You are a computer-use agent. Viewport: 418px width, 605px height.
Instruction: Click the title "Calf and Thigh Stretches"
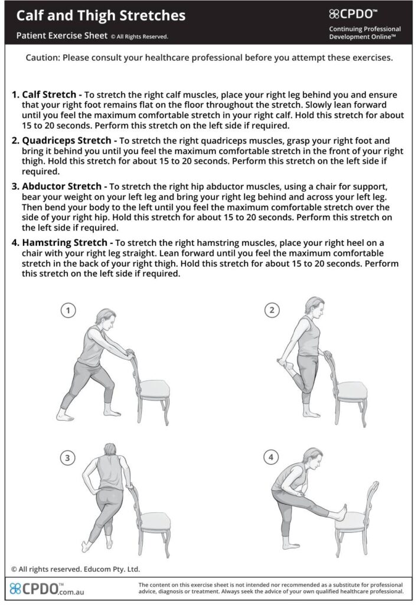pos(100,15)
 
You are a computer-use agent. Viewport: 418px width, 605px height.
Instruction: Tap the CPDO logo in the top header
pos(353,14)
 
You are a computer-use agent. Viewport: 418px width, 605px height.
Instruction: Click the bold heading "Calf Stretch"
pos(49,95)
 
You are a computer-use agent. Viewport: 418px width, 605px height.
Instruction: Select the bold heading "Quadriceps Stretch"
pos(66,141)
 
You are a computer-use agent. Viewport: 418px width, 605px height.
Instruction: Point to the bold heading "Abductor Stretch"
pos(62,186)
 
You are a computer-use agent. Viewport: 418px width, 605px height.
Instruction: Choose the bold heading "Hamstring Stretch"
pos(64,243)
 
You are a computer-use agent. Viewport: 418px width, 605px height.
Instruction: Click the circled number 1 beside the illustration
pos(68,310)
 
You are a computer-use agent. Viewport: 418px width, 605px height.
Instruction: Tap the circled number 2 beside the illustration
pos(272,310)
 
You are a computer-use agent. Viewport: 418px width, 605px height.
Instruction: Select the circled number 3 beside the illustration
pos(67,458)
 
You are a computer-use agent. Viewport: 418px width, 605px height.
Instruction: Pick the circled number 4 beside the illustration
pos(271,457)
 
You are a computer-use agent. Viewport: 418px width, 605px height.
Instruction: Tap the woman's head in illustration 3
pos(110,450)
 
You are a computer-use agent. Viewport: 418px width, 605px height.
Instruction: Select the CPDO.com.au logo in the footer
pos(47,589)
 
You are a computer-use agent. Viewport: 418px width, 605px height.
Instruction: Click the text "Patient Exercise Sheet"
pos(62,35)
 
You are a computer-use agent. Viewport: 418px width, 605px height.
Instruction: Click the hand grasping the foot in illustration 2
pos(282,362)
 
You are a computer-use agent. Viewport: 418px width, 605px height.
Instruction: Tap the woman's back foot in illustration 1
pos(64,417)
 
